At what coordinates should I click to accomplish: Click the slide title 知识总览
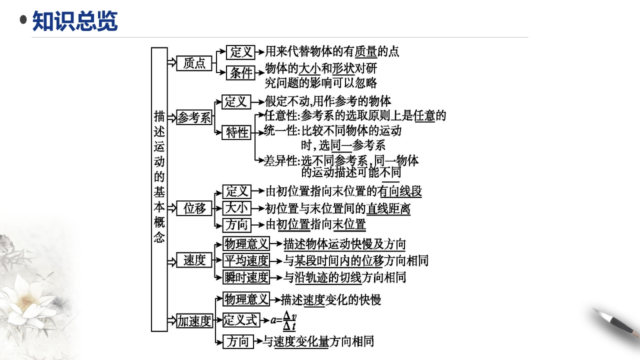click(75, 21)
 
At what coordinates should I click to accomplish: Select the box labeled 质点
click(194, 63)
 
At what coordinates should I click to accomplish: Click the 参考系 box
click(194, 118)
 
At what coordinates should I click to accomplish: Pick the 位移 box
click(194, 208)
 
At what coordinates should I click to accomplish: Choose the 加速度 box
click(194, 321)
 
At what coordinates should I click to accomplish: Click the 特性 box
click(236, 132)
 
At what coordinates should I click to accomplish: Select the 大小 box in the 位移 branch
click(236, 208)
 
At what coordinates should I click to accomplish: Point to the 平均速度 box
click(245, 260)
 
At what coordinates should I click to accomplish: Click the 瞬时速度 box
click(245, 277)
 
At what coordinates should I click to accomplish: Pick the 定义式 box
click(241, 320)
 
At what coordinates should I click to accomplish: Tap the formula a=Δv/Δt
click(283, 320)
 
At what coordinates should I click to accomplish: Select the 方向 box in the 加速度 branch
click(237, 341)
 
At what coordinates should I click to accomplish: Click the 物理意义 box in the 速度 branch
click(245, 244)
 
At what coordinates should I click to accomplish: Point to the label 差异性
click(280, 161)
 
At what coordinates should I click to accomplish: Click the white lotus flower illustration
click(27, 300)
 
